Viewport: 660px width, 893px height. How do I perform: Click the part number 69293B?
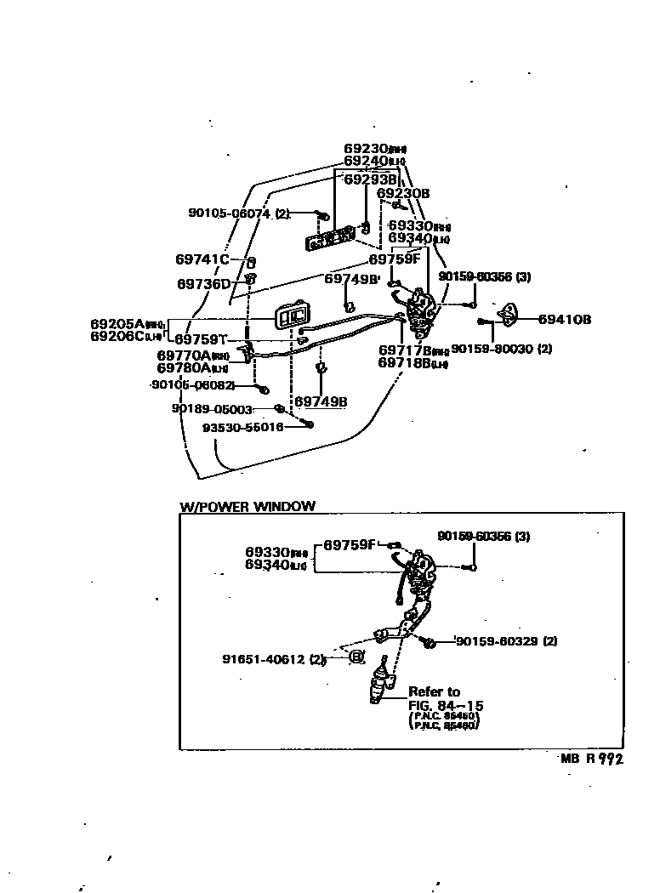point(370,179)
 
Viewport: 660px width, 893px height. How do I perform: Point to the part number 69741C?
point(202,259)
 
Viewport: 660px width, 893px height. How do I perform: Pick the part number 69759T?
point(202,338)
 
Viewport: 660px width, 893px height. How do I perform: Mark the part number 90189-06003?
point(212,409)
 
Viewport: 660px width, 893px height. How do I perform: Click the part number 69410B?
point(565,320)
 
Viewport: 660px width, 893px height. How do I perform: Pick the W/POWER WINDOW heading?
point(247,506)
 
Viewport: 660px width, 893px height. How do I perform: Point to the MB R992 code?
point(591,759)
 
